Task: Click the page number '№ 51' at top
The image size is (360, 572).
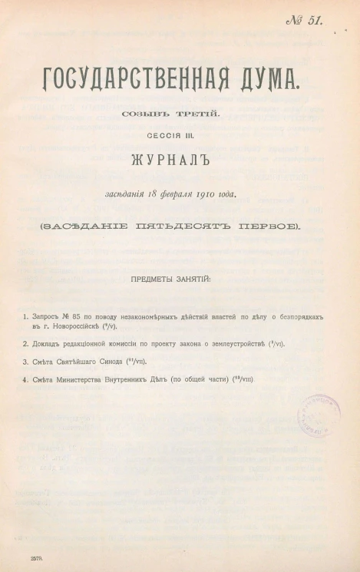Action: [303, 21]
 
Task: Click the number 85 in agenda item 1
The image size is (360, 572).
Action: [77, 316]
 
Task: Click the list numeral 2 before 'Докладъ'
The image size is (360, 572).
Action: [25, 344]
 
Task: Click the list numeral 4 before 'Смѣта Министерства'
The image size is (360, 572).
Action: [25, 380]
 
